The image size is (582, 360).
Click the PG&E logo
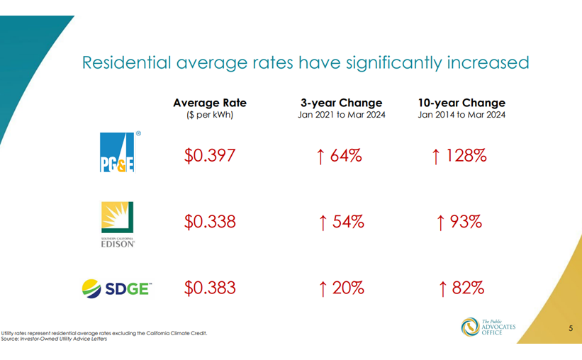coord(120,152)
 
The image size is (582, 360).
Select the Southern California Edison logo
coord(118,225)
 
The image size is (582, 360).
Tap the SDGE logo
coord(117,288)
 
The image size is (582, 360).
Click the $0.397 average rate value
coord(210,155)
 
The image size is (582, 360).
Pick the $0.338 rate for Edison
coord(210,222)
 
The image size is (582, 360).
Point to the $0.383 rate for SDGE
coord(210,288)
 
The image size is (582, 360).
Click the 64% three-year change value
coord(346,155)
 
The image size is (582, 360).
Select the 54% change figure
coord(348,222)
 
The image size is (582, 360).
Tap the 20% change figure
coord(348,288)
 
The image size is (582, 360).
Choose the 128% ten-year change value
coord(466,155)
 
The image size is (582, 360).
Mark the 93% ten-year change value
coord(466,222)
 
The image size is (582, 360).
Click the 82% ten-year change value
coord(468,288)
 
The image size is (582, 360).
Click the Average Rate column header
coord(210,103)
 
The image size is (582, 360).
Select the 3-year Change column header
coord(342,103)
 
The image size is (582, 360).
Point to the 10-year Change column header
coord(461,103)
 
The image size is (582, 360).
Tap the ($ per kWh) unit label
coord(210,115)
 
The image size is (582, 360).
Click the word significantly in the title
coord(394,63)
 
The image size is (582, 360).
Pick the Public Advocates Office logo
coord(488,327)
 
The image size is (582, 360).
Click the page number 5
coord(571,328)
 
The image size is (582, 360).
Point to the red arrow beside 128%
coord(436,157)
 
